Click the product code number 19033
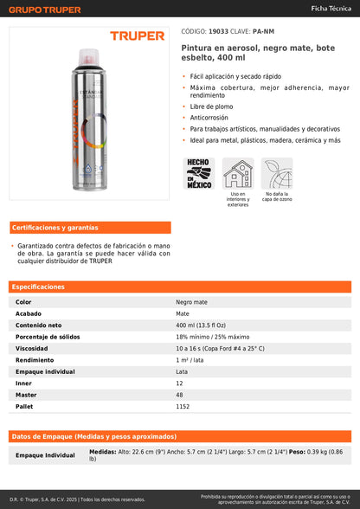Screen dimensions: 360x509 point(220,30)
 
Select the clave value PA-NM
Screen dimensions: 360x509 point(264,30)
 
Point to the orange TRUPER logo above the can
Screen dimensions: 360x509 point(137,36)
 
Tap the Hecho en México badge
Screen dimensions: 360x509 point(199,173)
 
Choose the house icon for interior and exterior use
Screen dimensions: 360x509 point(238,173)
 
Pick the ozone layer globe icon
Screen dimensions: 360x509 point(277,173)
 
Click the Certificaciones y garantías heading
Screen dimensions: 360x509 point(55,228)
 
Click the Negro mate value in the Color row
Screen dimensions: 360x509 point(192,302)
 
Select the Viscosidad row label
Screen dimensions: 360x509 point(31,348)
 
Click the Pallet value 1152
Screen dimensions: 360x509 point(183,405)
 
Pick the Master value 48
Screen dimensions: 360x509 point(180,394)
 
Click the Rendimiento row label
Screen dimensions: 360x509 point(35,359)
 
